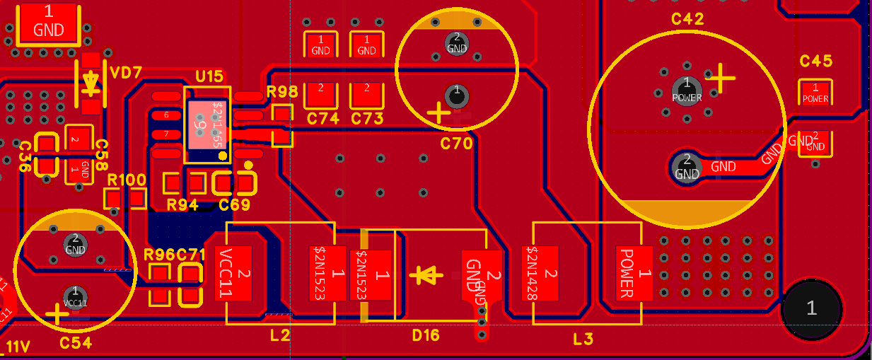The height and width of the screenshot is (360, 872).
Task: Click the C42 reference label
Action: point(687,19)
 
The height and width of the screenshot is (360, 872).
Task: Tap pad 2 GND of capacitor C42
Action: point(686,167)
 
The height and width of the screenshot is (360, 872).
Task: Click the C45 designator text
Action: point(815,62)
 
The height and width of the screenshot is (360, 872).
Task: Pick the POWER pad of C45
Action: point(815,94)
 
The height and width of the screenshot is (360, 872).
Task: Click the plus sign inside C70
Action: point(439,111)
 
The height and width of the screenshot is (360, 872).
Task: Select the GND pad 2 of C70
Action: point(457,43)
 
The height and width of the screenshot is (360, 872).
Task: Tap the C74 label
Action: point(322,118)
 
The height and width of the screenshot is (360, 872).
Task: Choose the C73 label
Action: point(366,118)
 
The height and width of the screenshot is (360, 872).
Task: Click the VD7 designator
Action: point(127,71)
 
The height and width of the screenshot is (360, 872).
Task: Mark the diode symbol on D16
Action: point(426,274)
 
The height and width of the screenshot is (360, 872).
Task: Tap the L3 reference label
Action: point(583,339)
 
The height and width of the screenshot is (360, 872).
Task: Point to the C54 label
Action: point(76,343)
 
